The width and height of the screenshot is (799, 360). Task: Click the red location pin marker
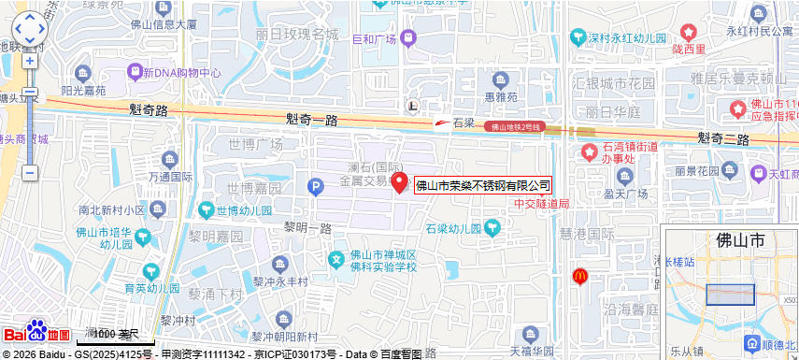click(x=399, y=182)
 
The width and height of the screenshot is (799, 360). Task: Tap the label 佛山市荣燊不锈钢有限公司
click(x=483, y=185)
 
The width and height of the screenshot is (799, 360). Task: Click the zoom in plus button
click(x=30, y=61)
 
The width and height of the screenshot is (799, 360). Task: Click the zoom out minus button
click(x=30, y=173)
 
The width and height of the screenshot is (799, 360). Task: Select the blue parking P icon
click(x=316, y=188)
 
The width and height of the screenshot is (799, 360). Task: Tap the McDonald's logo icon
click(x=579, y=276)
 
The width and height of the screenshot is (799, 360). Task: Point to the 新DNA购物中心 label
click(x=181, y=72)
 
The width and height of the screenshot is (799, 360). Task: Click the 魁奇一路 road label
click(x=311, y=120)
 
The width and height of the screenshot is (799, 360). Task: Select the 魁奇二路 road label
click(x=723, y=138)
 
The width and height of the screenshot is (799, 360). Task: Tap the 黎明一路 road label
click(x=308, y=228)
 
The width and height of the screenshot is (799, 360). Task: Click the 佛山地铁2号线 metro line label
click(x=517, y=125)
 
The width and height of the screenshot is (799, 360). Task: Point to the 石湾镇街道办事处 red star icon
click(x=590, y=151)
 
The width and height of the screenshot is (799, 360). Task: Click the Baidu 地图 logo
click(x=37, y=332)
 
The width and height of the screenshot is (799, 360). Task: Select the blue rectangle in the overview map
click(x=730, y=294)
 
